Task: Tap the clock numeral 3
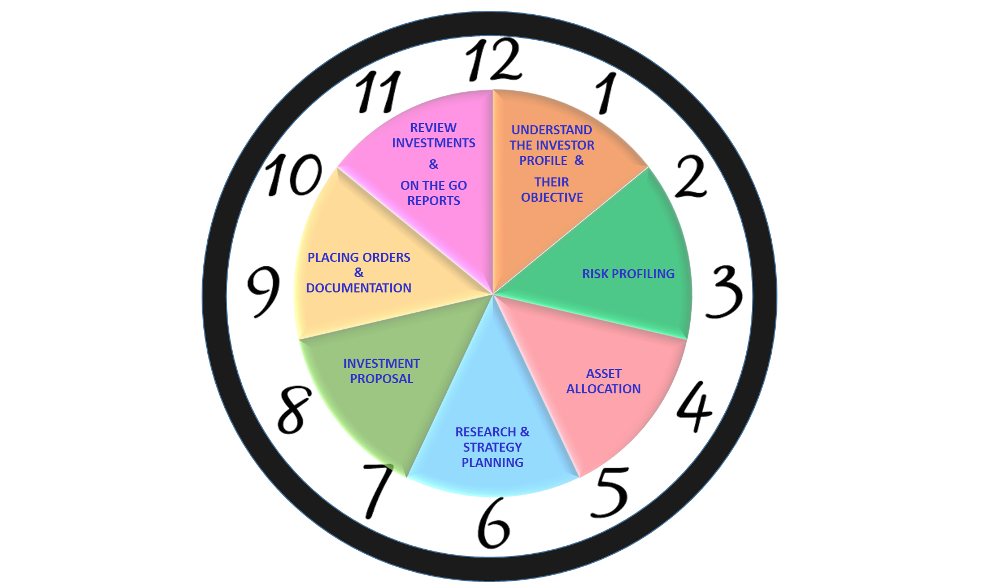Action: point(724,291)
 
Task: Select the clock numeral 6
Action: point(493,523)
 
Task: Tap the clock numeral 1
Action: point(606,93)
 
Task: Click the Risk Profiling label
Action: point(628,274)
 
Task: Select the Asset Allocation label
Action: point(604,381)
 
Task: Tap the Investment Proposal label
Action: point(382,371)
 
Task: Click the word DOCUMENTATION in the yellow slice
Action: point(358,288)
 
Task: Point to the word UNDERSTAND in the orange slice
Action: point(552,130)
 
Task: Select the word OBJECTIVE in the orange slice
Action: point(552,197)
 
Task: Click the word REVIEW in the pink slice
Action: point(433,128)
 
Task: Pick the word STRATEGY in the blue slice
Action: point(492,447)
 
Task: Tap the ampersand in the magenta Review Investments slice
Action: point(434,164)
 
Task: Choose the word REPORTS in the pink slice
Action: point(434,201)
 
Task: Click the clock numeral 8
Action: point(294,409)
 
